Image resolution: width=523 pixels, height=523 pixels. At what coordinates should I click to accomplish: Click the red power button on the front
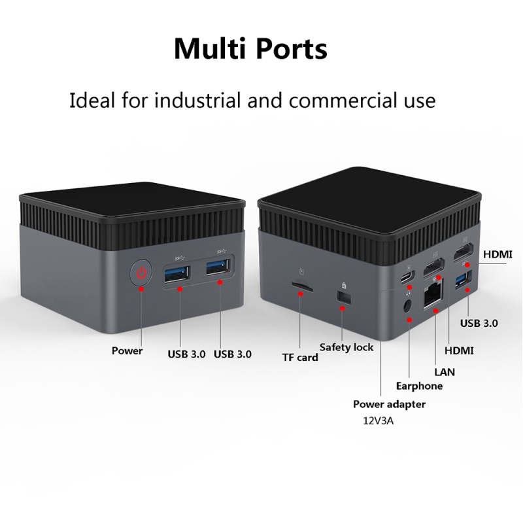[x=141, y=273]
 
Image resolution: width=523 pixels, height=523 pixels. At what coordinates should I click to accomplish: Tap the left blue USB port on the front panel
[x=177, y=274]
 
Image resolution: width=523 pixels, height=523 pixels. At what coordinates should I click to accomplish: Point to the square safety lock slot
[x=345, y=297]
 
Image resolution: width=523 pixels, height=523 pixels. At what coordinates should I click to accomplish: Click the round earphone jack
[x=407, y=306]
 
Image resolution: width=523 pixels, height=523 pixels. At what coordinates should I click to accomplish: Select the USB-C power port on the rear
[x=408, y=277]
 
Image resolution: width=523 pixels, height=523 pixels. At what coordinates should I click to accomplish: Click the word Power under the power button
[x=127, y=351]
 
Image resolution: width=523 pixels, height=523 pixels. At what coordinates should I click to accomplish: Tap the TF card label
[x=300, y=358]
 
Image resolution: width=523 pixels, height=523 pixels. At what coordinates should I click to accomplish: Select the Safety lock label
[x=346, y=347]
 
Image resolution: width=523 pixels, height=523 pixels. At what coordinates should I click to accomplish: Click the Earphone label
[x=419, y=386]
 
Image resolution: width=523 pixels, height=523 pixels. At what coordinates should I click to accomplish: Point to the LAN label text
[x=445, y=372]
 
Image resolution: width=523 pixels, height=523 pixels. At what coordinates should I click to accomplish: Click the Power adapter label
[x=389, y=404]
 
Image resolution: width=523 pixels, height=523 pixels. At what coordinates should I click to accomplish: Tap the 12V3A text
[x=379, y=421]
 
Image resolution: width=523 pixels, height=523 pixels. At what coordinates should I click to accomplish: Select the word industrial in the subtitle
[x=197, y=100]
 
